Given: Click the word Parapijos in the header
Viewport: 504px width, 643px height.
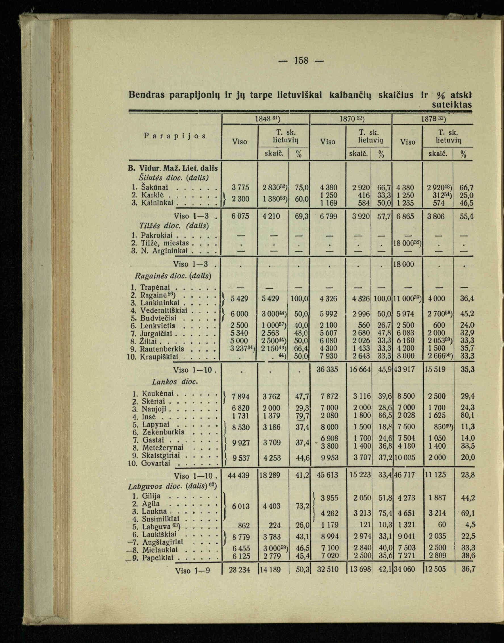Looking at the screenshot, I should pos(175,136).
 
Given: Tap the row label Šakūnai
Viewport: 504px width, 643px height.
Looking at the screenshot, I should pos(155,187).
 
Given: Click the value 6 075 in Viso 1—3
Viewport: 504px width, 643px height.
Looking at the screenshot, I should pos(239,217).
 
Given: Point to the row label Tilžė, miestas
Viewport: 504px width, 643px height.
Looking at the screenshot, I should pos(165,243).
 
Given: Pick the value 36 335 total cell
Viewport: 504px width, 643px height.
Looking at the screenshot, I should pos(327,370).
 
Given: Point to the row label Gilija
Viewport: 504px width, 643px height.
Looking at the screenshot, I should pos(151,496).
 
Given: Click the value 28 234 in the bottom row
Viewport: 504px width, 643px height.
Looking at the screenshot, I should pos(239,569).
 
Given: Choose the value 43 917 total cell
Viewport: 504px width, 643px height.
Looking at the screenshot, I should pos(405,370).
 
